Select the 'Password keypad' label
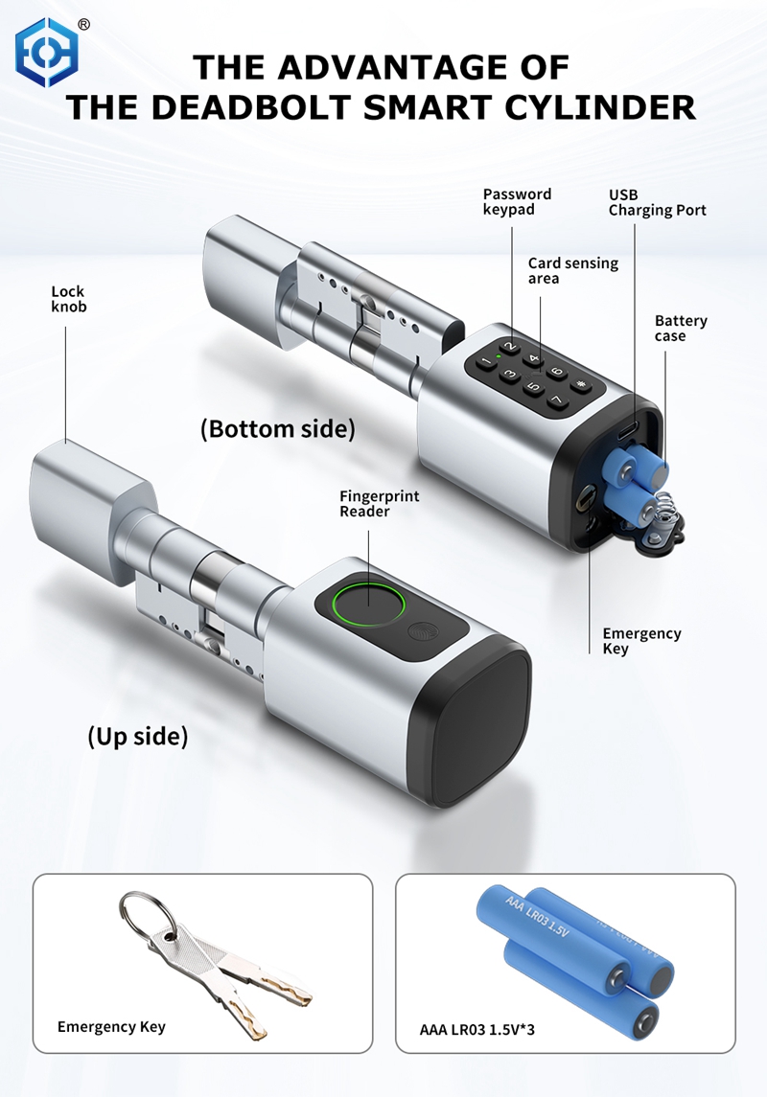point(517,201)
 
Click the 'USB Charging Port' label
point(657,202)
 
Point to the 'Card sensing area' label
point(572,270)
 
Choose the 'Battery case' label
point(681,329)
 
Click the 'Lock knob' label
point(68,299)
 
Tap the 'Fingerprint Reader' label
point(379,504)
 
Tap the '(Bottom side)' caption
point(277,428)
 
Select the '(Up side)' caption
point(137,737)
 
